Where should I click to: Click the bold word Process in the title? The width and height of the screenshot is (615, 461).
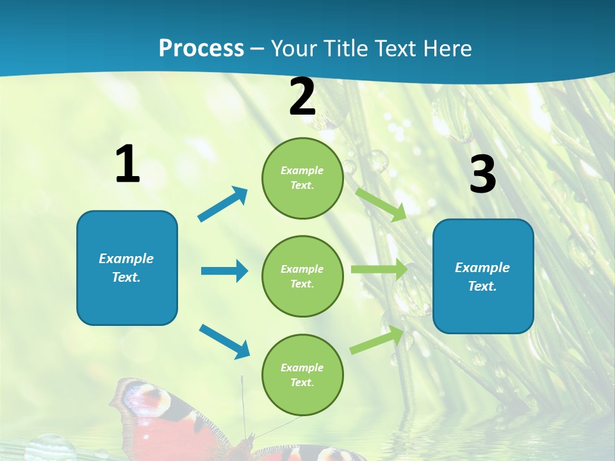(201, 49)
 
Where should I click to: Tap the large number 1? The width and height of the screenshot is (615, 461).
(127, 165)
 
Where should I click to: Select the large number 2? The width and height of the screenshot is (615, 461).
(302, 97)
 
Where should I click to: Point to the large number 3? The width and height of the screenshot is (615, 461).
(482, 174)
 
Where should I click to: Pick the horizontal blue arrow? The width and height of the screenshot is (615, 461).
(224, 271)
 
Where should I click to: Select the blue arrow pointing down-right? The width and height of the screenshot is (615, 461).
(225, 341)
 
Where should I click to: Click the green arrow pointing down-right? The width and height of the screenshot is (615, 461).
(381, 204)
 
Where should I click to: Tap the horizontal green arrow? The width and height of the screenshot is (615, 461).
(379, 270)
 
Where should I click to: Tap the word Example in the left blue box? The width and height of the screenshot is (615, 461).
(126, 259)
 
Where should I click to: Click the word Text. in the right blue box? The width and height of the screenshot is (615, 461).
(482, 286)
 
